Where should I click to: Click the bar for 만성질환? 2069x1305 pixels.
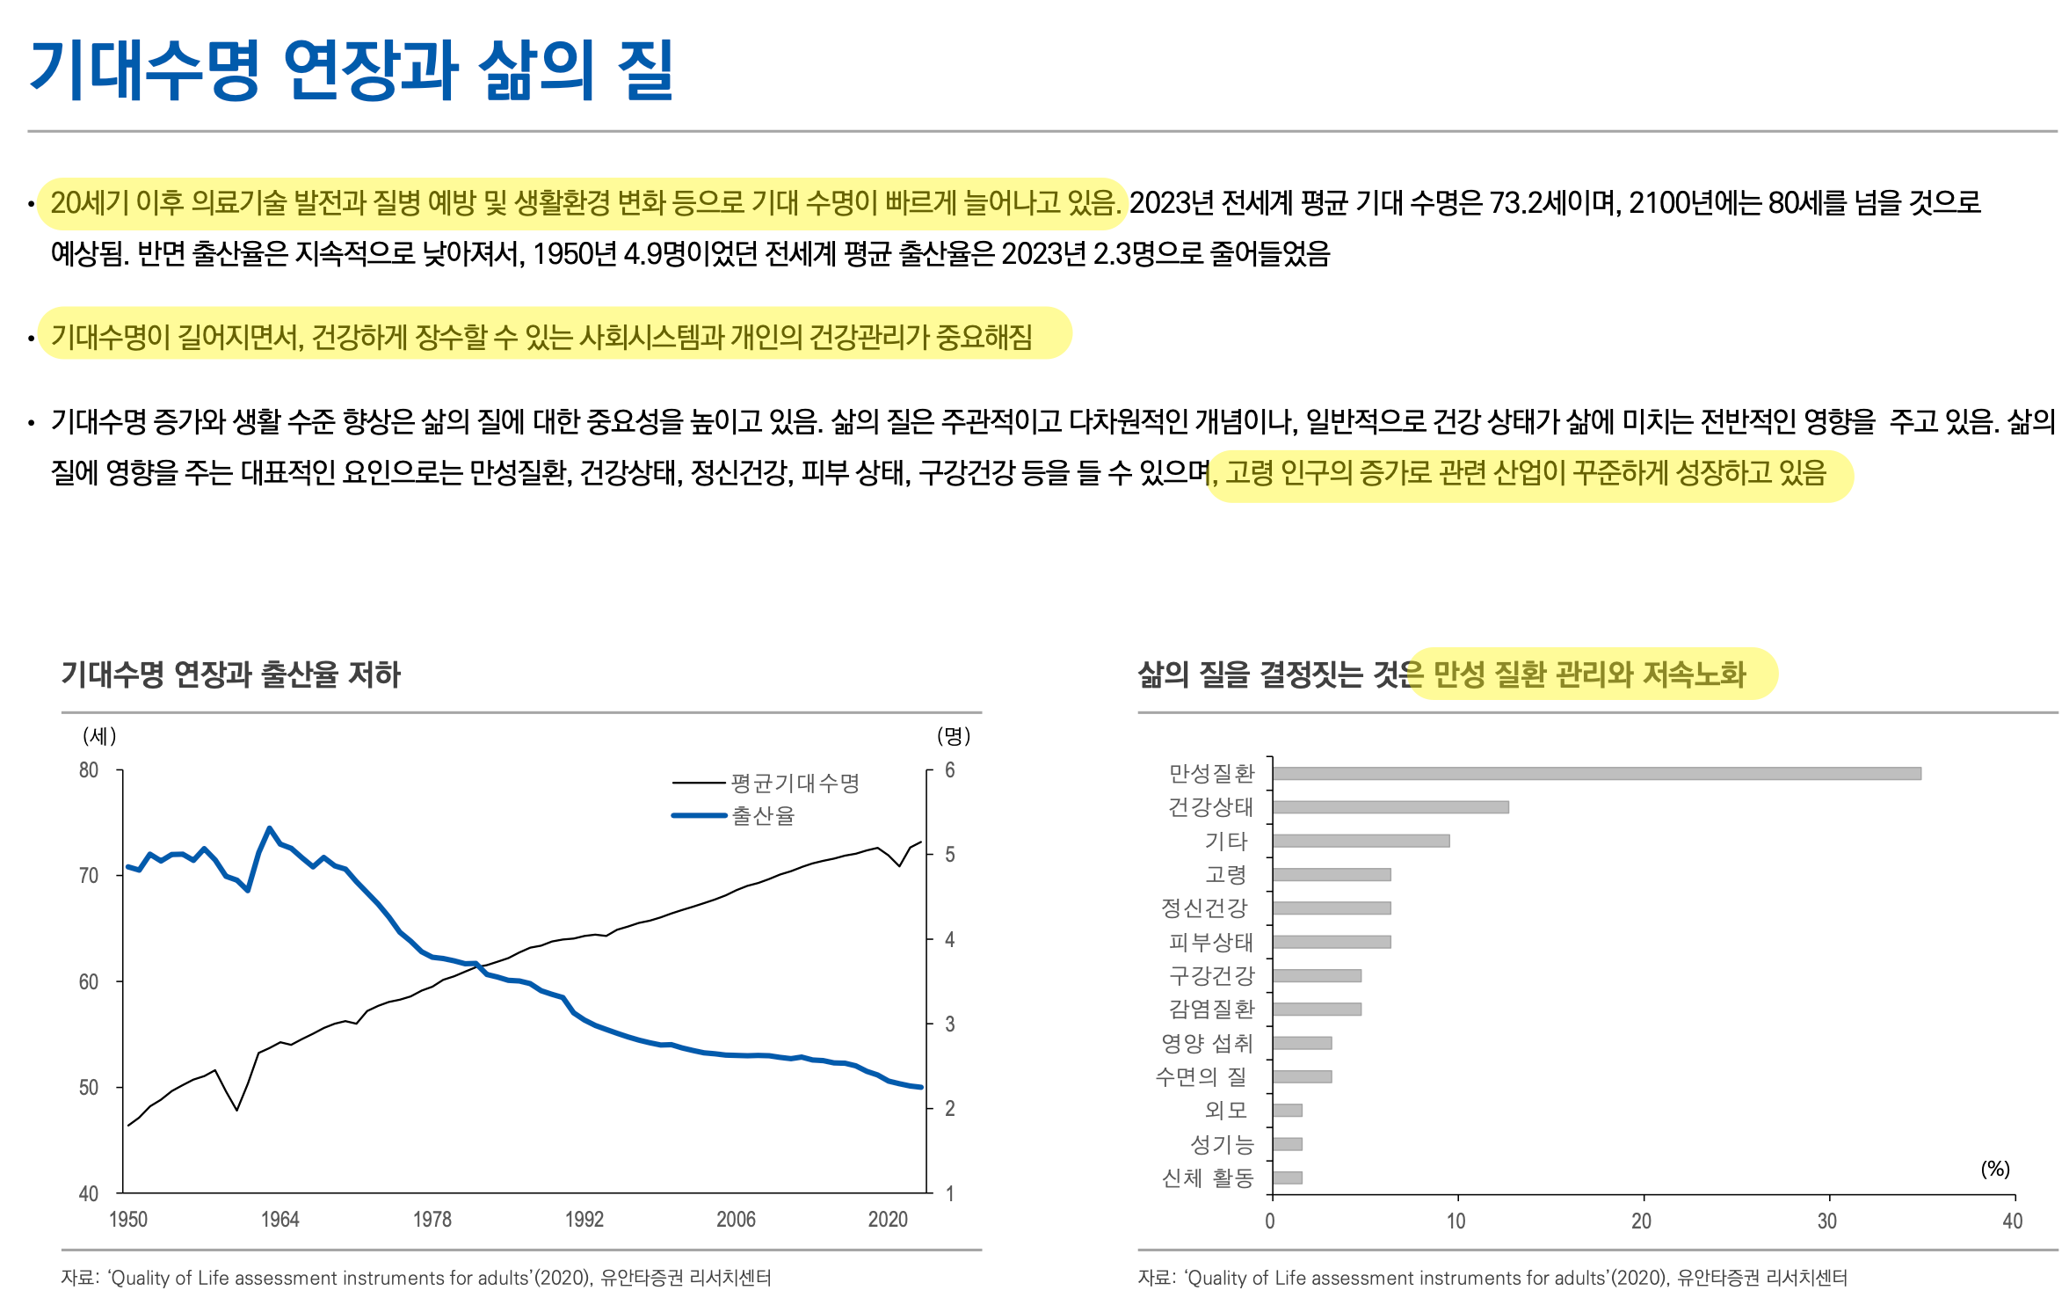pyautogui.click(x=1595, y=773)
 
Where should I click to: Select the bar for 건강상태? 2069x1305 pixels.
pyautogui.click(x=1390, y=806)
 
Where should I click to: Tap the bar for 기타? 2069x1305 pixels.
pyautogui.click(x=1360, y=841)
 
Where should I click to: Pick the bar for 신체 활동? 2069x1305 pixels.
pyautogui.click(x=1287, y=1177)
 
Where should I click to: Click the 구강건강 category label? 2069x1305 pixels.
pyautogui.click(x=1211, y=975)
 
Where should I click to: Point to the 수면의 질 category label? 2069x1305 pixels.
pyautogui.click(x=1201, y=1076)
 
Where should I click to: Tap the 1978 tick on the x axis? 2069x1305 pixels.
pyautogui.click(x=432, y=1219)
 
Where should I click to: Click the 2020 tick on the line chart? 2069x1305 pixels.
pyautogui.click(x=888, y=1219)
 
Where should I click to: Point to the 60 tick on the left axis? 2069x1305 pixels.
pyautogui.click(x=89, y=981)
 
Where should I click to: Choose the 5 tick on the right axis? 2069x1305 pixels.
pyautogui.click(x=949, y=854)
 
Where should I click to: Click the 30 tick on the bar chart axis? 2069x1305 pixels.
pyautogui.click(x=1827, y=1221)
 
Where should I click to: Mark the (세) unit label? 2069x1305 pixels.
pyautogui.click(x=99, y=735)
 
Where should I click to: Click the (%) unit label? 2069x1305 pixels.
pyautogui.click(x=1994, y=1169)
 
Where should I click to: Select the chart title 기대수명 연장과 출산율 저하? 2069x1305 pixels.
pyautogui.click(x=230, y=674)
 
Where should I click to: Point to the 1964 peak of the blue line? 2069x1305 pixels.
pyautogui.click(x=270, y=828)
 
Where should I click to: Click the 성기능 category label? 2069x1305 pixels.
pyautogui.click(x=1222, y=1144)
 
